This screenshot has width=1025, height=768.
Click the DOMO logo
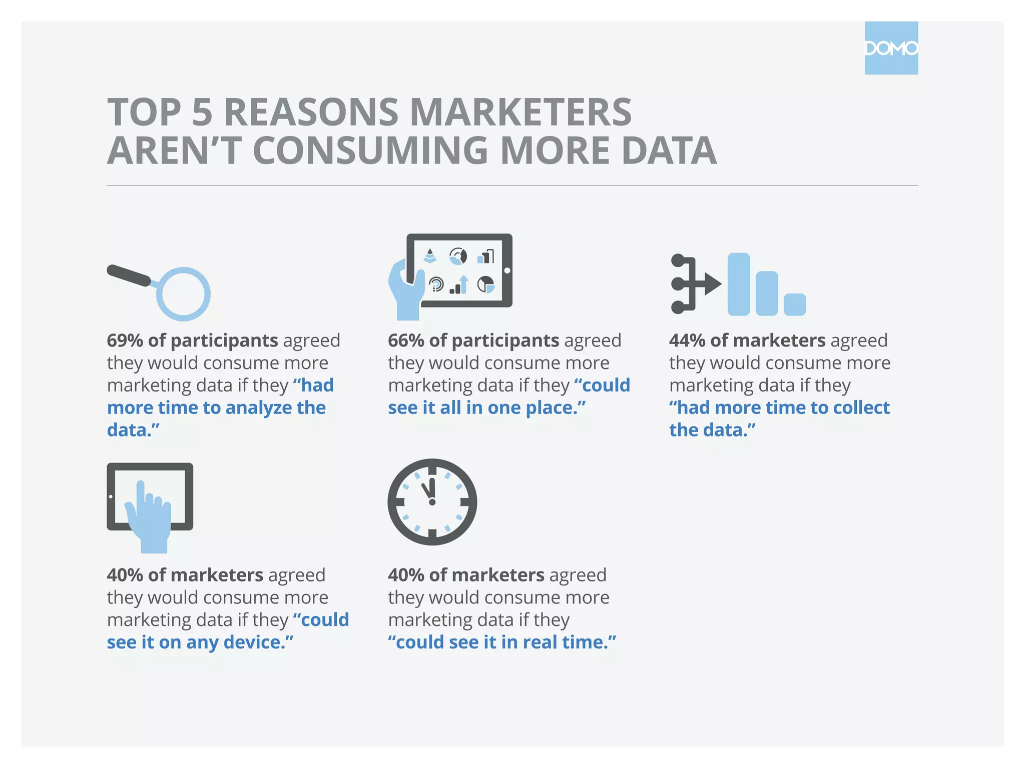click(891, 48)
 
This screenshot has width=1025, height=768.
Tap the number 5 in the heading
click(202, 112)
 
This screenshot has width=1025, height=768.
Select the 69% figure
click(125, 340)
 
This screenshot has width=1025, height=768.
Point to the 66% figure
click(406, 340)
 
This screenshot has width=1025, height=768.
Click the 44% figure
click(687, 340)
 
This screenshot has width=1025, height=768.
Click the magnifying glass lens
click(184, 294)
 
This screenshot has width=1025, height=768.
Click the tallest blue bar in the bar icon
click(738, 284)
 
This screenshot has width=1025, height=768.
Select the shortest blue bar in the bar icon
click(794, 304)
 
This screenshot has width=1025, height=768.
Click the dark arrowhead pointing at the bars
click(712, 284)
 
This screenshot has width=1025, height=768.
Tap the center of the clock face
click(432, 502)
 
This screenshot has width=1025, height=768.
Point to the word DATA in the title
click(669, 150)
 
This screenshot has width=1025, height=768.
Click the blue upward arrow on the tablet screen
click(464, 283)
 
